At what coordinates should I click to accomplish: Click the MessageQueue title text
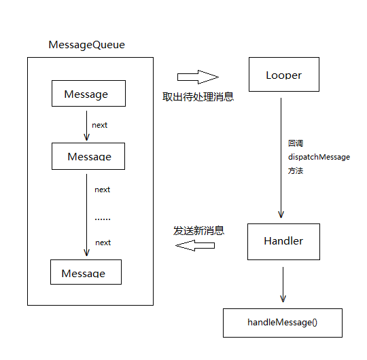pos(86,45)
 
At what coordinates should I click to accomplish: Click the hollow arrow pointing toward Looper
pos(198,77)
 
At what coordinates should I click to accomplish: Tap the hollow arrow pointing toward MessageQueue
pos(195,245)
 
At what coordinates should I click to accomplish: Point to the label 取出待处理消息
pos(198,96)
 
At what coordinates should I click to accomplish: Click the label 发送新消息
pos(198,231)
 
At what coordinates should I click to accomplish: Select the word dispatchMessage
pos(319,157)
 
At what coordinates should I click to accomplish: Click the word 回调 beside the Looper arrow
pos(296,143)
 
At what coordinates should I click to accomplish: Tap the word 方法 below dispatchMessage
pos(296,170)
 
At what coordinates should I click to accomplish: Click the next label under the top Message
pos(99,125)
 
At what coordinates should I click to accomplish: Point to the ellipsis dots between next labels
pos(103,219)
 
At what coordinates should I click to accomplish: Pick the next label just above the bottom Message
pos(103,242)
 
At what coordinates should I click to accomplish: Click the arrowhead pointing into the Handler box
pos(281,215)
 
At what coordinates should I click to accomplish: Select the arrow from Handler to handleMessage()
pos(283,285)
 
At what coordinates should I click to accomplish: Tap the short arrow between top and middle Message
pos(86,126)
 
